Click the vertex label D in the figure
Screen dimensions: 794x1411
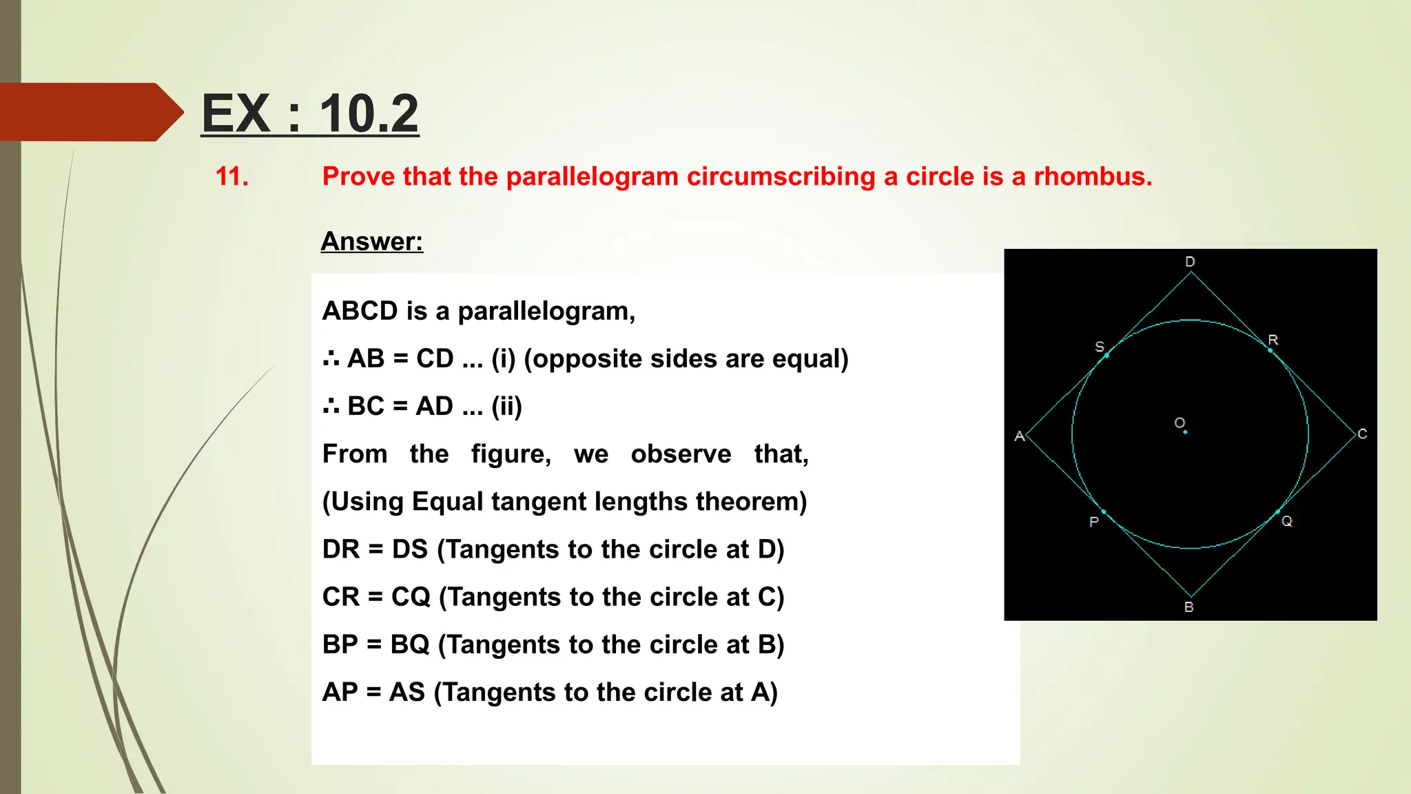[x=1190, y=262]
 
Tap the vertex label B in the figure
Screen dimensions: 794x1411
[x=1189, y=607]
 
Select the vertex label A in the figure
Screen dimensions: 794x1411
[x=1020, y=436]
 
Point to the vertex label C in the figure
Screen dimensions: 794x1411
[x=1362, y=434]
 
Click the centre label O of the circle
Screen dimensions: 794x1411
[x=1180, y=423]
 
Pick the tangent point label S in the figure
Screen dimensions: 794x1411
[x=1100, y=346]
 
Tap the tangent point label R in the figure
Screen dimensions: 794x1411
[x=1273, y=340]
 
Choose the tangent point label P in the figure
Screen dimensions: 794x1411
[x=1093, y=522]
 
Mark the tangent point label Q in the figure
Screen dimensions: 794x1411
[x=1287, y=521]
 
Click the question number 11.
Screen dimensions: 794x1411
[x=232, y=177]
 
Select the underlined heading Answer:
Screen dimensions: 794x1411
[x=372, y=241]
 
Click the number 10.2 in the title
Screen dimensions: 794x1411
[x=369, y=114]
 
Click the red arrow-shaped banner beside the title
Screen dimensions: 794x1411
[x=90, y=112]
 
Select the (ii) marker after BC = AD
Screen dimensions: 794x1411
[x=506, y=407]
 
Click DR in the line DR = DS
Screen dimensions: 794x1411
[x=341, y=549]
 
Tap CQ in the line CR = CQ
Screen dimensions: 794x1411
[x=411, y=597]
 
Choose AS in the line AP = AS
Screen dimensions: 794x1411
[x=406, y=692]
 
